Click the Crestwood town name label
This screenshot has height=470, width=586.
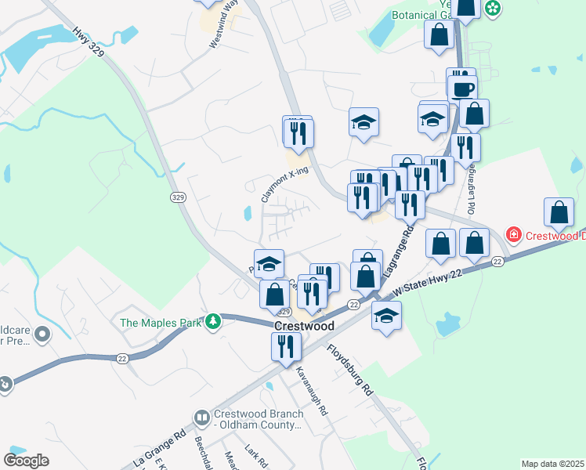click(304, 326)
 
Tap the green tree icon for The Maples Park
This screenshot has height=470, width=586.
click(212, 322)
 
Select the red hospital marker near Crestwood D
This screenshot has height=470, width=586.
click(513, 234)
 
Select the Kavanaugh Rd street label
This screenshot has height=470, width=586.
click(312, 392)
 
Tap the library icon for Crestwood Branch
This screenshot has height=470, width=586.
click(201, 418)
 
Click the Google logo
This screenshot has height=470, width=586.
click(26, 460)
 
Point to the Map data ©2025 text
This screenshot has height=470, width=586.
click(552, 464)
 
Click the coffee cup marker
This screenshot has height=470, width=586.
click(462, 88)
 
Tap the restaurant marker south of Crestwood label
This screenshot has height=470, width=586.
click(286, 345)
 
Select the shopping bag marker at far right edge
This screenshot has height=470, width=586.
click(559, 213)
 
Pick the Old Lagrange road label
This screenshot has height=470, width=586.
click(472, 193)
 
